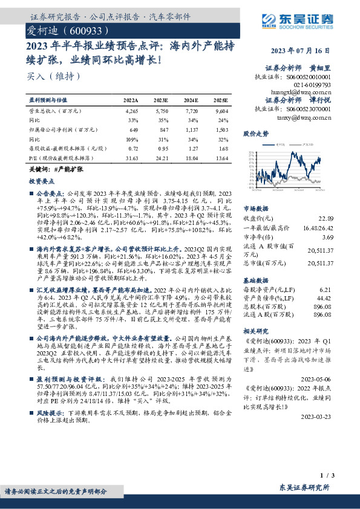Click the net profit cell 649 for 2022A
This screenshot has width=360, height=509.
point(134,129)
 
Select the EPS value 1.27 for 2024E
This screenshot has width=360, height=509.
point(191,148)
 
